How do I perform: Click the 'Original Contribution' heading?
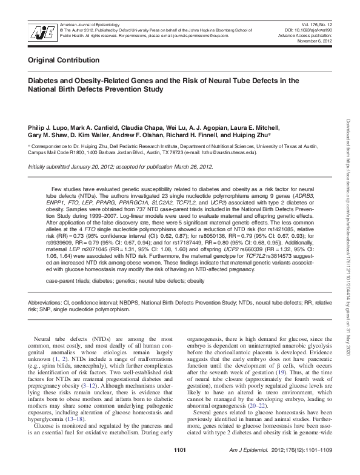pyautogui.click(x=64, y=61)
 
